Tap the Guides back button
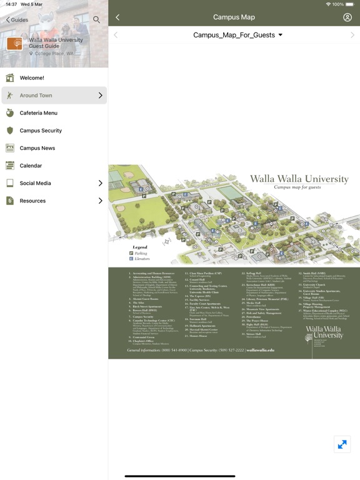click(x=17, y=20)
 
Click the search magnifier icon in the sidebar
click(x=96, y=20)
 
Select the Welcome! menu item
click(x=32, y=78)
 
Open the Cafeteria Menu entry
click(x=38, y=113)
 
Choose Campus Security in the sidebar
click(x=41, y=131)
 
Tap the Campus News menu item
click(x=37, y=148)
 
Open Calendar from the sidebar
click(x=31, y=166)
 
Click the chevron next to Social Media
click(x=100, y=183)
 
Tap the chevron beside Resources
click(x=100, y=201)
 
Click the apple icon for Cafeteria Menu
click(x=10, y=113)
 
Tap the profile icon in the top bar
click(x=347, y=17)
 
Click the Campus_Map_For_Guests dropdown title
click(x=237, y=35)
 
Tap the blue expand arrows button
click(x=342, y=444)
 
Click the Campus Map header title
click(x=234, y=17)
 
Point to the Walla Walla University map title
click(x=299, y=179)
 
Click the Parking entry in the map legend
click(x=138, y=253)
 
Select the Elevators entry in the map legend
click(x=140, y=258)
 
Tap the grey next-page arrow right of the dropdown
click(x=352, y=35)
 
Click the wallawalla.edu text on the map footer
click(x=260, y=350)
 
